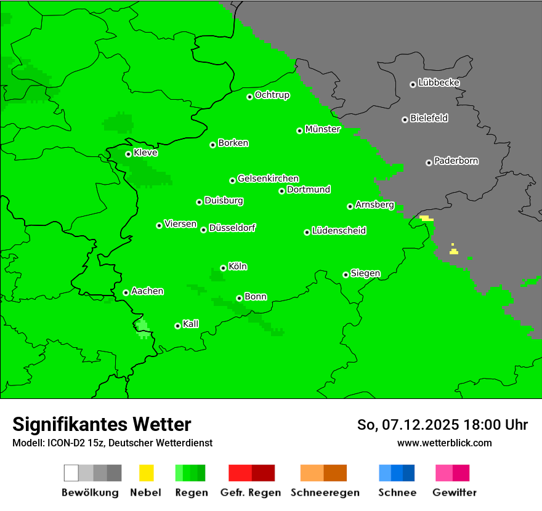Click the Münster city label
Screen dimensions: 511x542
[323, 129]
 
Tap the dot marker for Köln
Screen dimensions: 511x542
[223, 268]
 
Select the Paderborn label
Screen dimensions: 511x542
[456, 161]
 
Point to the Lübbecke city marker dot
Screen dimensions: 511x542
[413, 84]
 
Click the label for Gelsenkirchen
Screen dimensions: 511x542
[268, 179]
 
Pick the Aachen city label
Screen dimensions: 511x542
[147, 291]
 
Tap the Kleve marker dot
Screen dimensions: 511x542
[128, 154]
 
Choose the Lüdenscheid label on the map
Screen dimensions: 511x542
[339, 231]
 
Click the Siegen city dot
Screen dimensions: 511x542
[346, 275]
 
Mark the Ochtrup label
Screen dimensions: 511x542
[272, 95]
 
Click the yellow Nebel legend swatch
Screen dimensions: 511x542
[146, 473]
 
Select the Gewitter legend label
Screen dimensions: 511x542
[454, 493]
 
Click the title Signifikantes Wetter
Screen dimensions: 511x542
[102, 424]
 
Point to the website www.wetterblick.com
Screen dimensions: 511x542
[444, 443]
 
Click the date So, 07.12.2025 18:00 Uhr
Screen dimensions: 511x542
[442, 425]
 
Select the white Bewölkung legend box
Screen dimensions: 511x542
[71, 473]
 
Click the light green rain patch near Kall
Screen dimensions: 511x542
[143, 325]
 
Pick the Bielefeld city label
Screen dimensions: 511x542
[429, 118]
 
